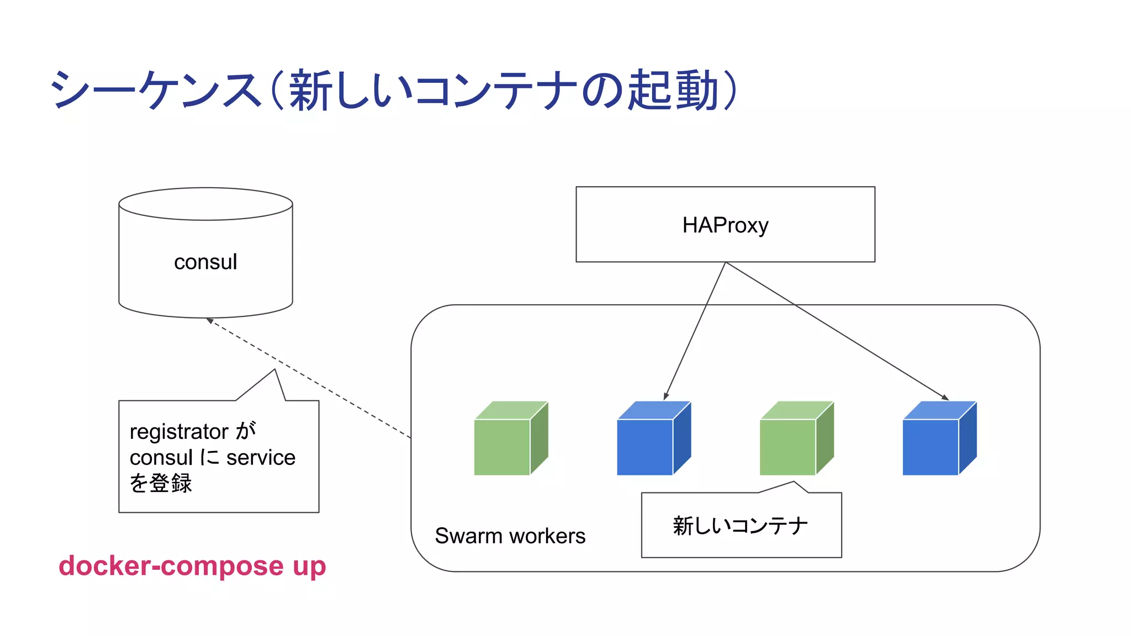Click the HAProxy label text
point(725,225)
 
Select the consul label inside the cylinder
point(205,262)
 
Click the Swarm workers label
point(510,536)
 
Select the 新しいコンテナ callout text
point(740,526)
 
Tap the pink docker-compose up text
point(192,566)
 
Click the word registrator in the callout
point(179,431)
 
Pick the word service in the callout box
point(261,457)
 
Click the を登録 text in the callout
point(160,483)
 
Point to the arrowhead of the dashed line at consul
point(210,321)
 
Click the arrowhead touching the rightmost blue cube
point(945,397)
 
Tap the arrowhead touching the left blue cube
point(666,396)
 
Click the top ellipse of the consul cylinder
point(205,204)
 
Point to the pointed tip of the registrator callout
point(274,370)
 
